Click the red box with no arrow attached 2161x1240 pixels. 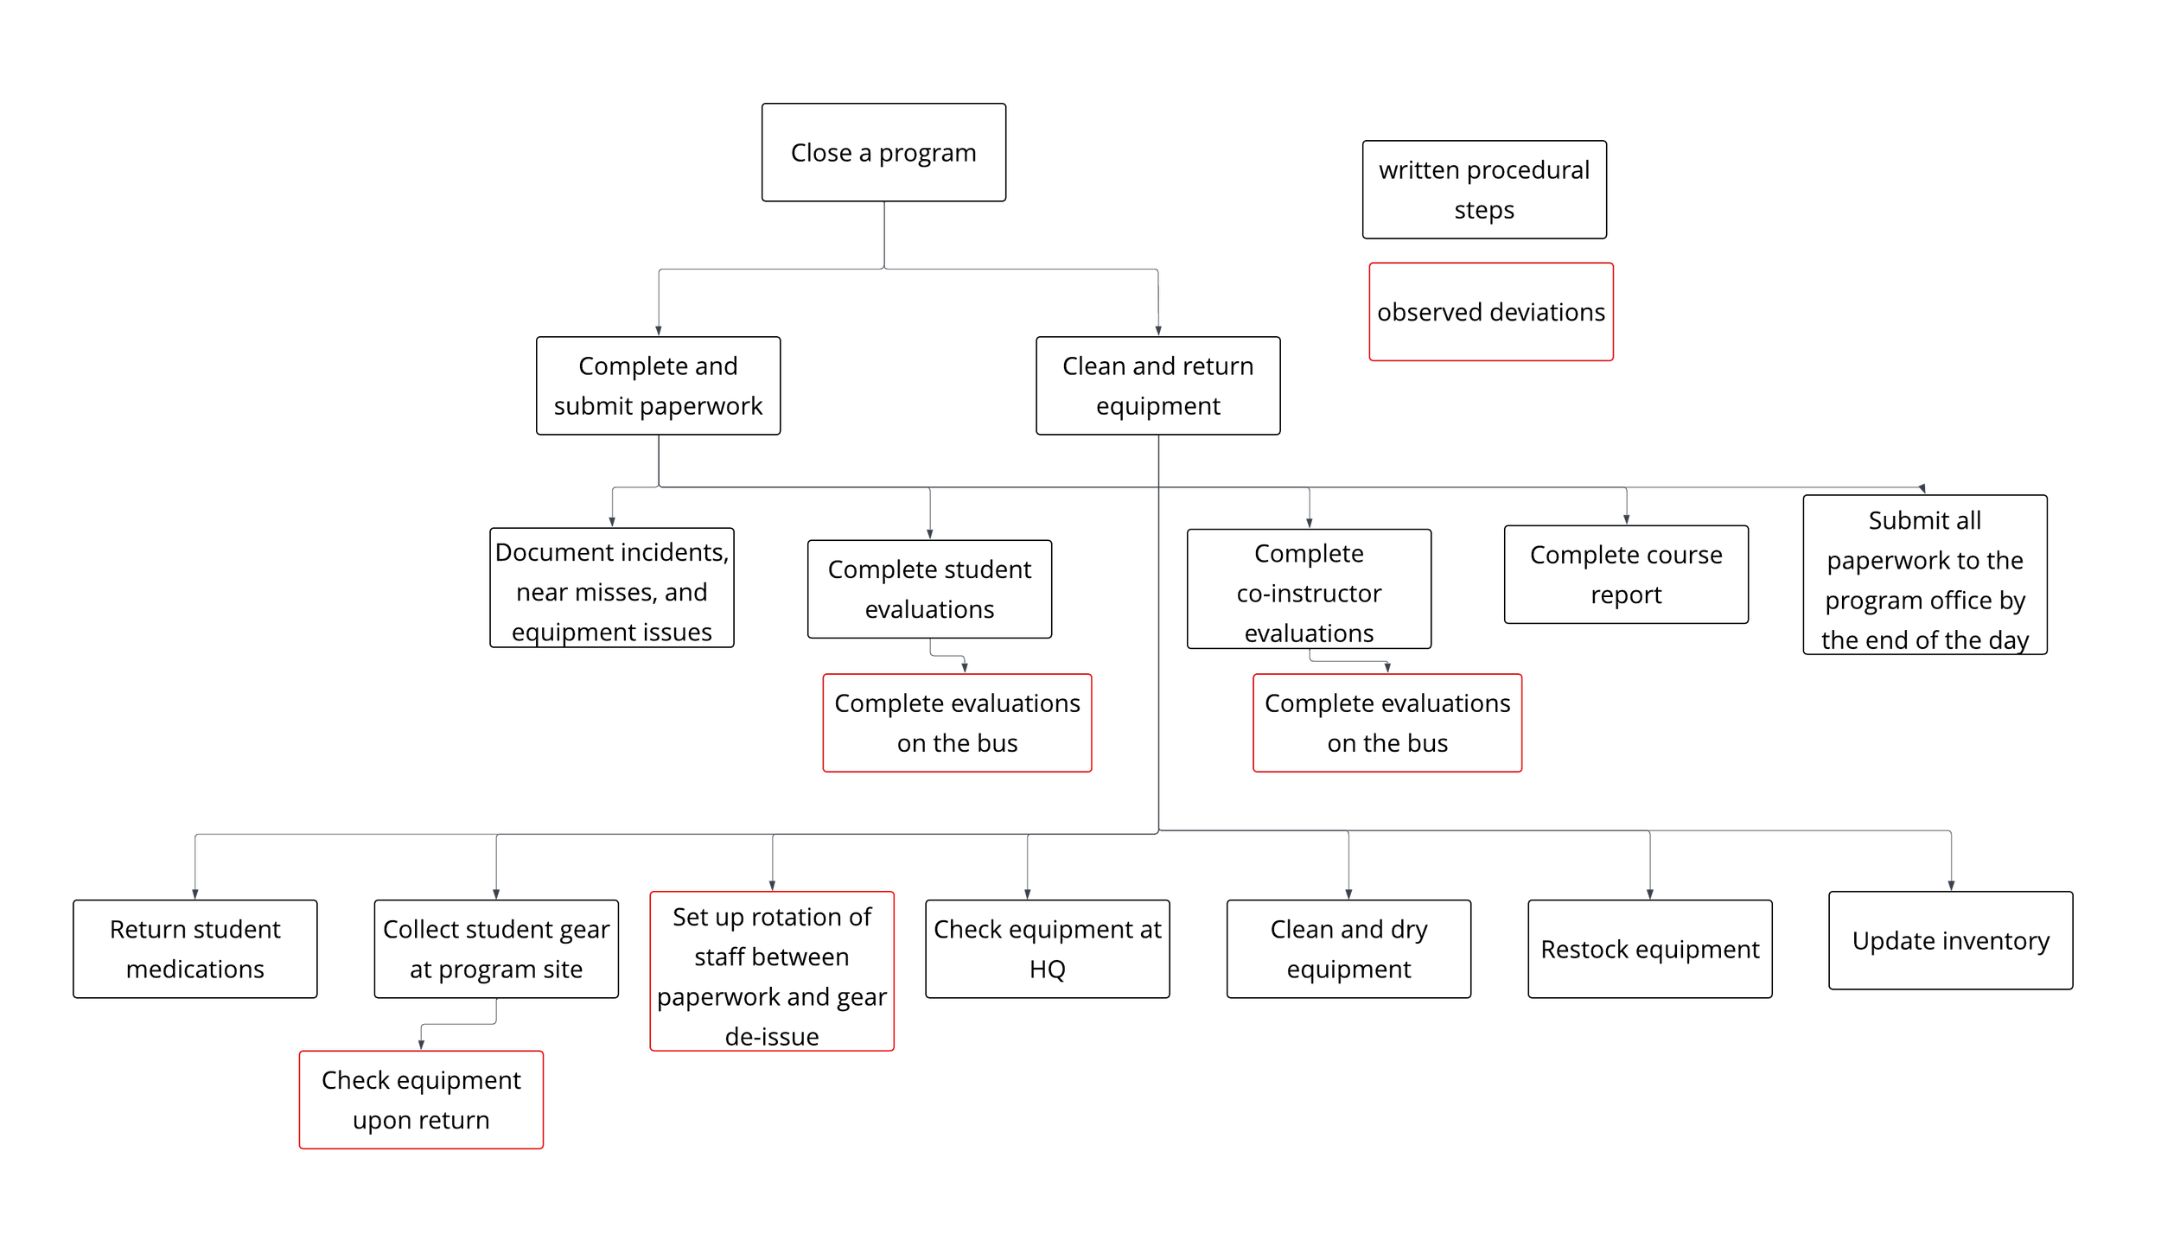pyautogui.click(x=1491, y=312)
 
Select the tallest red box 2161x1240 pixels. pyautogui.click(x=772, y=971)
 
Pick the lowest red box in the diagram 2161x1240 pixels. pyautogui.click(x=421, y=1100)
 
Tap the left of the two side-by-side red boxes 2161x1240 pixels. pyautogui.click(x=957, y=723)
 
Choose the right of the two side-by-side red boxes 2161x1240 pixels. pyautogui.click(x=1387, y=723)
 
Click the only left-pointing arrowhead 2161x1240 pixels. pyautogui.click(x=1922, y=488)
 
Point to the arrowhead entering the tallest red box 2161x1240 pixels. pyautogui.click(x=772, y=886)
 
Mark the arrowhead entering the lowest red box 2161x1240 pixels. pyautogui.click(x=421, y=1045)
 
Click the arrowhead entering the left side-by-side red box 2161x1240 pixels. pyautogui.click(x=965, y=668)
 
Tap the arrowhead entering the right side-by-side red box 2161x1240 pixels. pyautogui.click(x=1387, y=668)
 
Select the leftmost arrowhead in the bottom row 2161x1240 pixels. pyautogui.click(x=195, y=894)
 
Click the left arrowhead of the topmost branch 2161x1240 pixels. pyautogui.click(x=659, y=331)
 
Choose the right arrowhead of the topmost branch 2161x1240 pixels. pyautogui.click(x=1158, y=331)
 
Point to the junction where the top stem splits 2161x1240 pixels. pyautogui.click(x=884, y=269)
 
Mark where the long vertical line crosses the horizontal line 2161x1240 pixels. pyautogui.click(x=1158, y=487)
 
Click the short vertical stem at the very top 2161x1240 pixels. pyautogui.click(x=884, y=233)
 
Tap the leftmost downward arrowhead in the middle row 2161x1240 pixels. pyautogui.click(x=612, y=522)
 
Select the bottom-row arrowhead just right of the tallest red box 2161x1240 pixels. pyautogui.click(x=1028, y=894)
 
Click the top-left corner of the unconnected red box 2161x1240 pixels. pyautogui.click(x=1371, y=264)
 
